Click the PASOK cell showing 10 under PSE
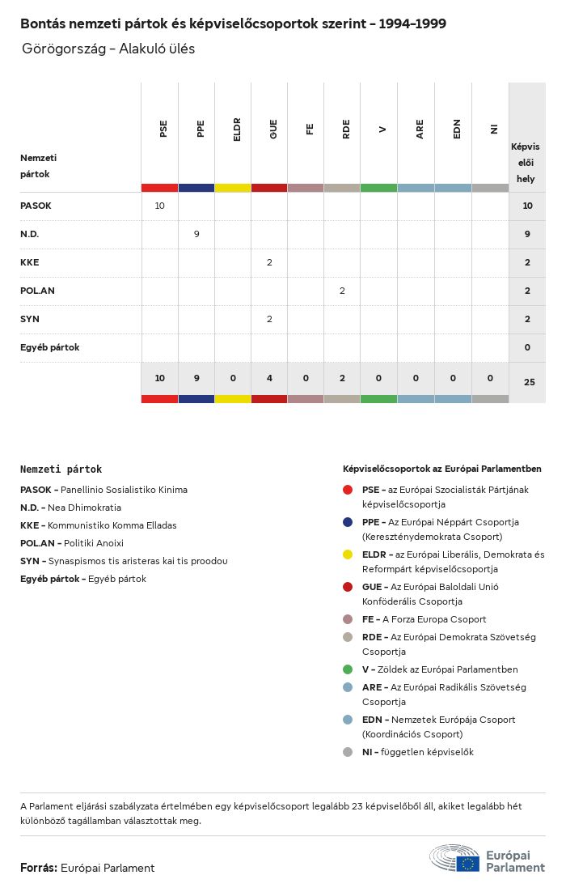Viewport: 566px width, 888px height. (159, 206)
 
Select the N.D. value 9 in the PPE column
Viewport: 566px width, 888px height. (196, 234)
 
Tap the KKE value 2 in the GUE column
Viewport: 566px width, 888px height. (269, 262)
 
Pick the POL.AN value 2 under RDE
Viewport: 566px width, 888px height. (342, 291)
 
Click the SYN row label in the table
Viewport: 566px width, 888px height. (30, 319)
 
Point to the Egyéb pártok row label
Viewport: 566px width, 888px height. (49, 347)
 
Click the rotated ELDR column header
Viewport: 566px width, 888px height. (237, 130)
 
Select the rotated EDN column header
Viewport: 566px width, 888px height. (457, 129)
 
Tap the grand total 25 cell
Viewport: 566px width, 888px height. (529, 381)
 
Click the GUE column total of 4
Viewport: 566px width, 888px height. (269, 378)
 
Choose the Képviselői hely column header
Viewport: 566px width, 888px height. (526, 163)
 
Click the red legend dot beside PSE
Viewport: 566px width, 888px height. (348, 490)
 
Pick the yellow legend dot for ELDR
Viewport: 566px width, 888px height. (348, 554)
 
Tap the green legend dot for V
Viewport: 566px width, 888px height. (348, 669)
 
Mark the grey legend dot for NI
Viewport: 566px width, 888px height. (348, 752)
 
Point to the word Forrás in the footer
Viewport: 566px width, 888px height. (38, 868)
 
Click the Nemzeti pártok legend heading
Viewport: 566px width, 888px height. (61, 469)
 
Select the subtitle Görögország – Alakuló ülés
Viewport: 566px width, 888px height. (108, 49)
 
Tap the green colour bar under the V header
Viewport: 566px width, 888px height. (378, 188)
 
